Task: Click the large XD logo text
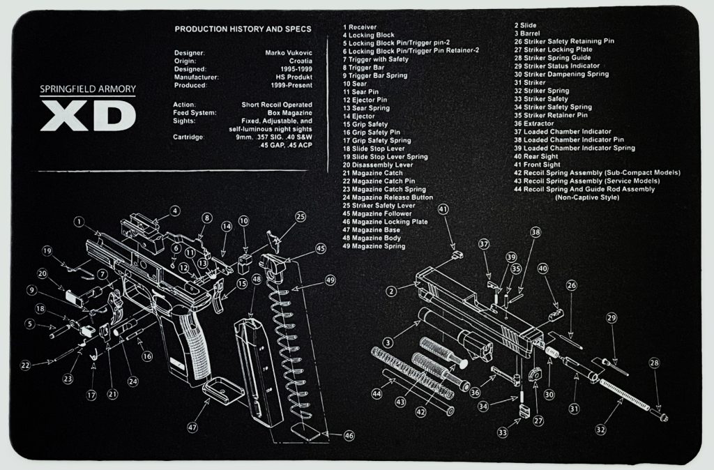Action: [x=88, y=115]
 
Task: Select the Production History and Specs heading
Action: [x=243, y=29]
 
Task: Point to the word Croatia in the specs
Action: [x=297, y=61]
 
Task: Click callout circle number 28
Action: [x=654, y=363]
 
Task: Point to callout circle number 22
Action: [x=25, y=365]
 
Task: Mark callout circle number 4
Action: [x=174, y=211]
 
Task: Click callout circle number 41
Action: [x=443, y=209]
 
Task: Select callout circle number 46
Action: [x=349, y=435]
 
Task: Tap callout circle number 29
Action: [x=612, y=319]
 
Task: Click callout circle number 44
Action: [x=377, y=394]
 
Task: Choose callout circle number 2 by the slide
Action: [x=392, y=290]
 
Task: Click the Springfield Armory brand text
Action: [x=88, y=90]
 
